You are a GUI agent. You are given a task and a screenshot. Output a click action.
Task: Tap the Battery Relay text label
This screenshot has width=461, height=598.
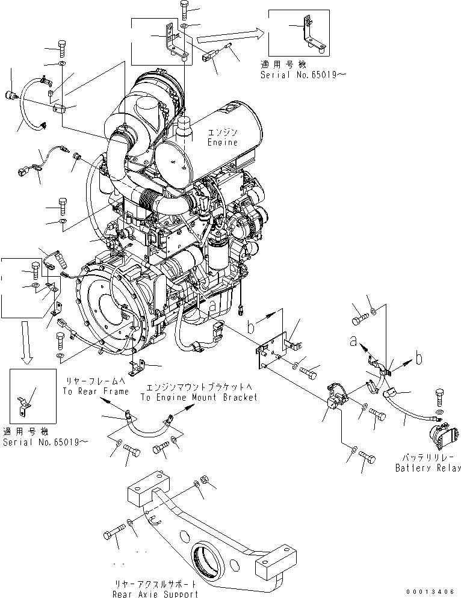(x=428, y=467)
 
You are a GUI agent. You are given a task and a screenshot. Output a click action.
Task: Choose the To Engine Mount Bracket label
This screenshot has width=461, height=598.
(x=199, y=397)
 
